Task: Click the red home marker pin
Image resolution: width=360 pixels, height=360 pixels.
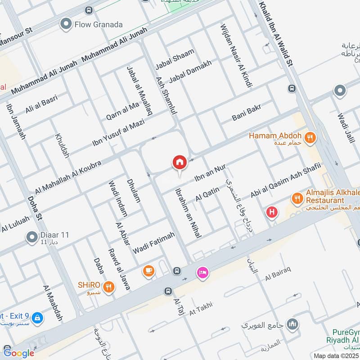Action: point(180,162)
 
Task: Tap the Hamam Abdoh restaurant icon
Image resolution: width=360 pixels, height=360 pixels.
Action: point(310,138)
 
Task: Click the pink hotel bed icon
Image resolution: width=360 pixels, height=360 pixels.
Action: point(202,273)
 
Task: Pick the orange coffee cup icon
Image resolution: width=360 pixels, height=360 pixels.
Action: point(148,270)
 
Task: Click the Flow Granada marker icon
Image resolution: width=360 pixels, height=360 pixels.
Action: point(67,24)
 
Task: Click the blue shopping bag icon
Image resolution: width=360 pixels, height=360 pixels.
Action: point(38,318)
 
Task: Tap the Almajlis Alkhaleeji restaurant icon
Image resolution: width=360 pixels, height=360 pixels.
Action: point(297,198)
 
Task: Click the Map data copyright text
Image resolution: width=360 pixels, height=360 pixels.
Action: point(336,355)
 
